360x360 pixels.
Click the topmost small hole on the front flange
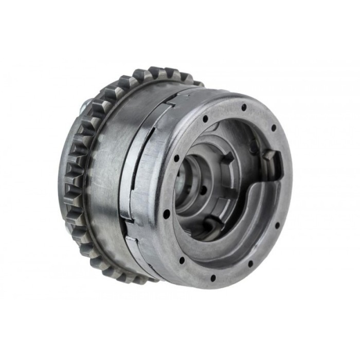(x=244, y=107)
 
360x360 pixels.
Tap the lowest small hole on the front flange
(x=212, y=278)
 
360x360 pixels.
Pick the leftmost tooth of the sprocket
(x=68, y=170)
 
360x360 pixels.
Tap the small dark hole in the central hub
(x=204, y=190)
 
